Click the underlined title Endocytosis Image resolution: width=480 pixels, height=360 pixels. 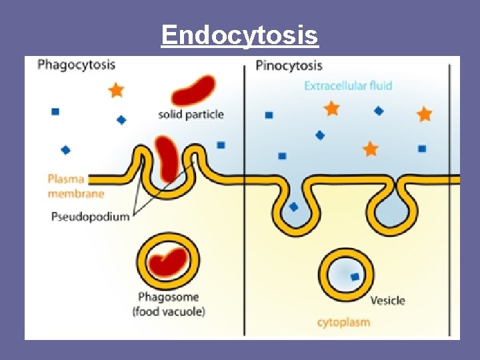tap(240, 35)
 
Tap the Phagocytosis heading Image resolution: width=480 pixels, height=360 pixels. tap(77, 65)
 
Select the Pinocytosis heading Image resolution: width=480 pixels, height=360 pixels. tap(289, 65)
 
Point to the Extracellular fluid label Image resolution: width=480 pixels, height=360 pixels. tap(348, 85)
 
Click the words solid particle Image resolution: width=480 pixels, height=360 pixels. tap(191, 114)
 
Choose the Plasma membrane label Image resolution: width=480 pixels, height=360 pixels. tap(75, 186)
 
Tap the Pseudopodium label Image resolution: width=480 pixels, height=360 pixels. tap(90, 217)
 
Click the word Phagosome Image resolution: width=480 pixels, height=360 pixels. tap(168, 297)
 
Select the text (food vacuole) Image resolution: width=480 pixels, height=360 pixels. tap(168, 311)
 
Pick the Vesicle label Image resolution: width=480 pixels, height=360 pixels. tap(387, 300)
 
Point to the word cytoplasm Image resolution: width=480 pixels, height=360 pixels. tap(343, 323)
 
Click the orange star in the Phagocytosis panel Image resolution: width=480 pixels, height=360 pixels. tap(116, 90)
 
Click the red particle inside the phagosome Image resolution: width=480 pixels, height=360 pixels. tap(167, 261)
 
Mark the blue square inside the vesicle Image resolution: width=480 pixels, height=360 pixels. tap(355, 277)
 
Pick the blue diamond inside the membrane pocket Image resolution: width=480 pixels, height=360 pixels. tap(293, 207)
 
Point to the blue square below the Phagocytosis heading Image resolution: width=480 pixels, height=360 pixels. tap(55, 111)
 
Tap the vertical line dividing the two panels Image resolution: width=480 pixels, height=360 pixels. tap(245, 200)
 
